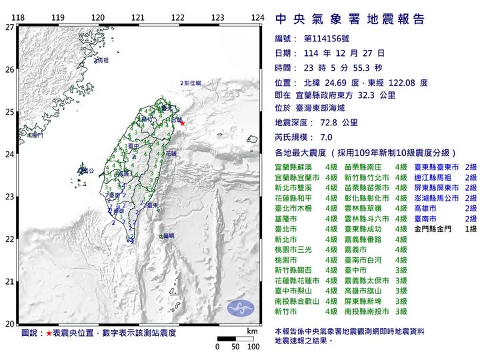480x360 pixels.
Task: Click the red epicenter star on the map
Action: tap(182, 123)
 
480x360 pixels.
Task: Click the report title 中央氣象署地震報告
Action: tap(349, 19)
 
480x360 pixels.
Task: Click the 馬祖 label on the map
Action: tap(101, 61)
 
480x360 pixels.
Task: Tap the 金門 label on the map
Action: tap(36, 135)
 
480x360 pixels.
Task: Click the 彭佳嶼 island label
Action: tap(191, 83)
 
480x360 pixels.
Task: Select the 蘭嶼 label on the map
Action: tap(167, 235)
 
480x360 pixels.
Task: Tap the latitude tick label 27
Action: tap(9, 27)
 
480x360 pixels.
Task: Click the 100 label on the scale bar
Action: tap(253, 347)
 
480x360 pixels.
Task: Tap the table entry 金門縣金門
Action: tap(435, 229)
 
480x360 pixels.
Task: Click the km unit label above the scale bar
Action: tap(252, 331)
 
